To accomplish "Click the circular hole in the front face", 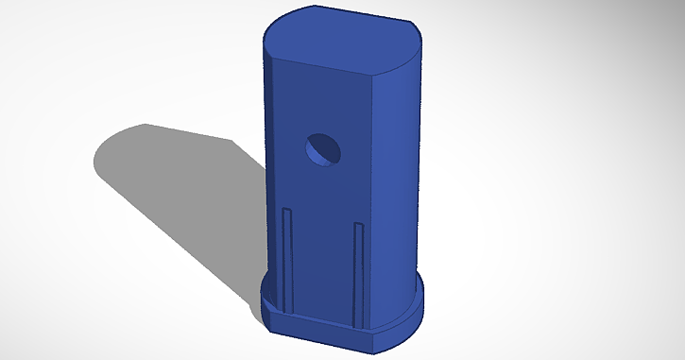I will [x=323, y=149].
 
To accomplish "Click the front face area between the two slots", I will [x=321, y=265].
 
